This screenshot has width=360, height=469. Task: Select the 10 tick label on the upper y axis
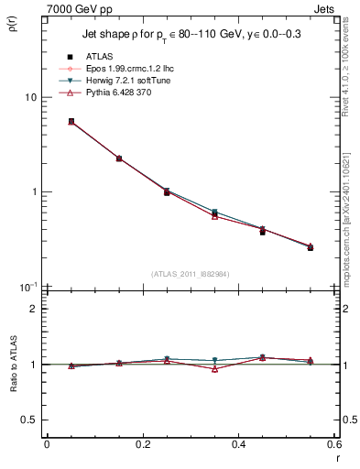30,97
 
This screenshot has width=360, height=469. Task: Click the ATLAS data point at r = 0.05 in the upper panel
71,121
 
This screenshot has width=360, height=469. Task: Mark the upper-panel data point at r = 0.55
311,247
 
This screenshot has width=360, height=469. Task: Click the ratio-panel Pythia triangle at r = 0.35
214,369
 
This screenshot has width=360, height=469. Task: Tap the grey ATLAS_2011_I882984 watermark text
191,274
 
